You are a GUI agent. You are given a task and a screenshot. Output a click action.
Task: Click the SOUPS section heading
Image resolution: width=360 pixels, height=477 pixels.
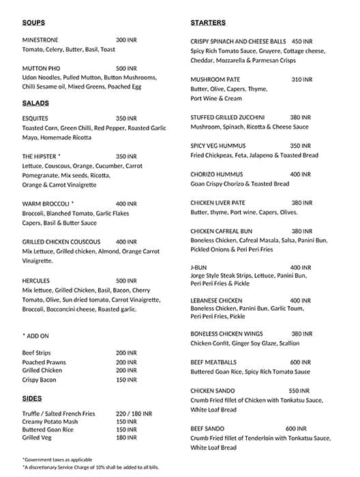pyautogui.click(x=33, y=22)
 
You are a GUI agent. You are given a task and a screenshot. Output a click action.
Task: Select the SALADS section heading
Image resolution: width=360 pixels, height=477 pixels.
pyautogui.click(x=35, y=103)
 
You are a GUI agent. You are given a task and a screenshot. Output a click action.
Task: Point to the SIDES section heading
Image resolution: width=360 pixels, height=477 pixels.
pyautogui.click(x=32, y=398)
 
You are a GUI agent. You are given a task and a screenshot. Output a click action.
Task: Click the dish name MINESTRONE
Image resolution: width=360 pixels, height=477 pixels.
pyautogui.click(x=44, y=40)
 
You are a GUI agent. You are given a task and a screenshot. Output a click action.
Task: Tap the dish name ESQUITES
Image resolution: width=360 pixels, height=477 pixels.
pyautogui.click(x=35, y=118)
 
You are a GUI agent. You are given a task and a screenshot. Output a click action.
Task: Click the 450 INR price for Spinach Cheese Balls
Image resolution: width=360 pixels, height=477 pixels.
pyautogui.click(x=301, y=41)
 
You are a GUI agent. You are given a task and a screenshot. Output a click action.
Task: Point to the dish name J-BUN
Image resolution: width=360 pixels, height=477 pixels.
pyautogui.click(x=199, y=267)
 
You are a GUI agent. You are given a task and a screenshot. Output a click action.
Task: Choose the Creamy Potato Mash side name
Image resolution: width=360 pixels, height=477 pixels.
pyautogui.click(x=50, y=422)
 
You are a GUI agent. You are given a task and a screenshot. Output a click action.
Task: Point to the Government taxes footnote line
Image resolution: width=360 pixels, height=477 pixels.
pyautogui.click(x=57, y=459)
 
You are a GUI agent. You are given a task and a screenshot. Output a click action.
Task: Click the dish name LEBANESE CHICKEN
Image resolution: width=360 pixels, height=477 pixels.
pyautogui.click(x=216, y=301)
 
